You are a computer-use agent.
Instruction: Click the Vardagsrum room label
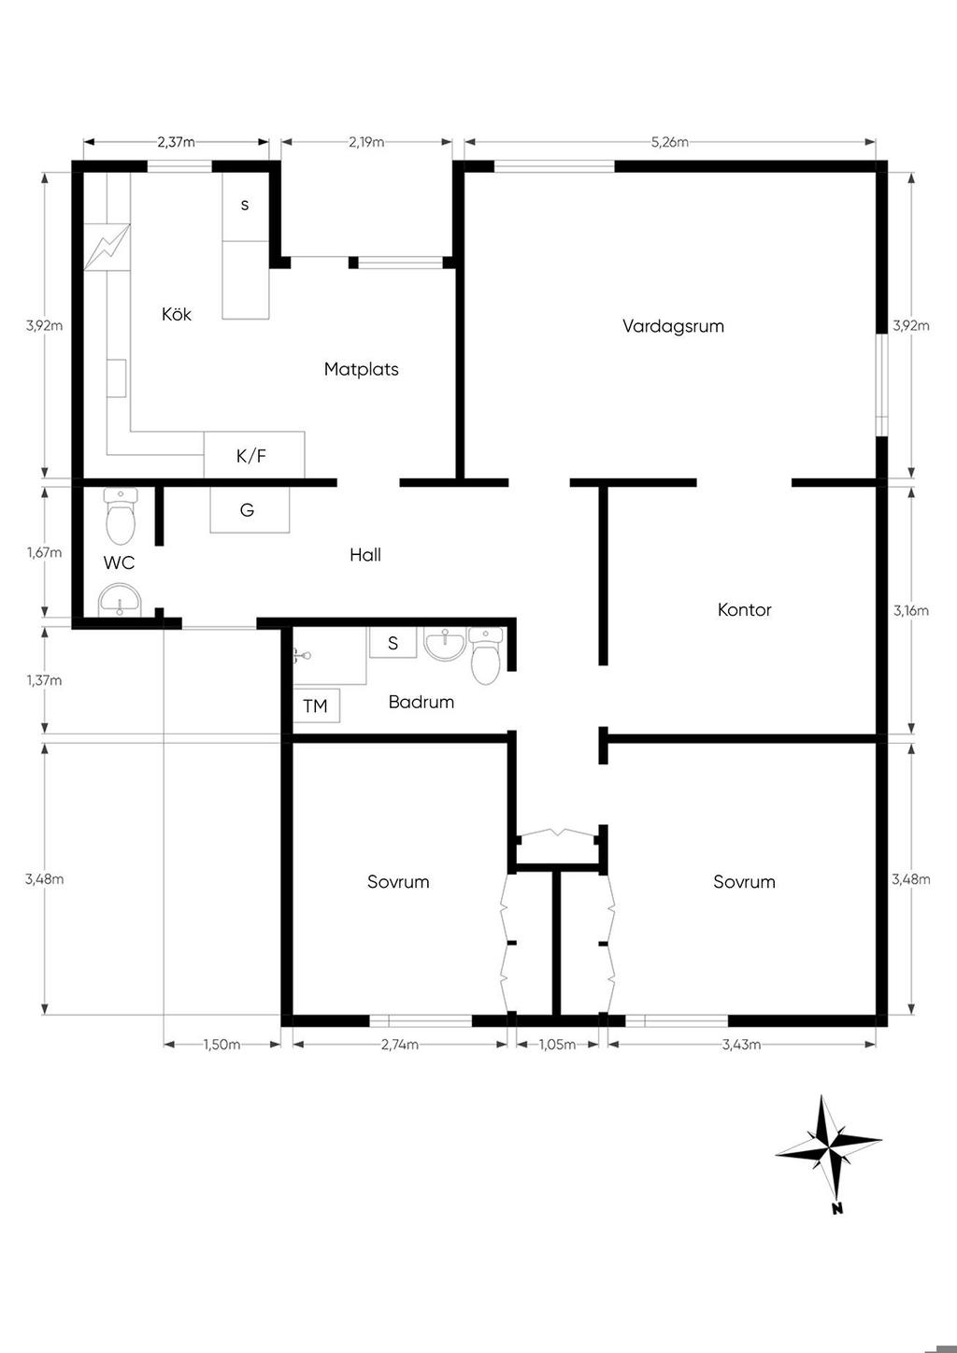(673, 326)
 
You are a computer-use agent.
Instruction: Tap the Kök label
(177, 314)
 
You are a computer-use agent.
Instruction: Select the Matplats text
(362, 369)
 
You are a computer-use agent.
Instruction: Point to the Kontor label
(744, 609)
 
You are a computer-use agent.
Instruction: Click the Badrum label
(421, 702)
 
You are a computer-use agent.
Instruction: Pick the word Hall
(364, 554)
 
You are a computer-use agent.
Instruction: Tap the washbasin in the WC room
(120, 600)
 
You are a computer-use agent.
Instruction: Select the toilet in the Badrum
(486, 656)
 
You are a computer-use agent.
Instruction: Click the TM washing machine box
(316, 705)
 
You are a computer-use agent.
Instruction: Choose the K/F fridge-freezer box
(254, 455)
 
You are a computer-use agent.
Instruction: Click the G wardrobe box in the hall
(250, 510)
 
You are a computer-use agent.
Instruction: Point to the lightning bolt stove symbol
(107, 247)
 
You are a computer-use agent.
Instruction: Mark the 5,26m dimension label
(669, 142)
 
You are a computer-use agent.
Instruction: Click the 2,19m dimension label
(366, 142)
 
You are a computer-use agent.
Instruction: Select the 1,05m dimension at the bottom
(557, 1045)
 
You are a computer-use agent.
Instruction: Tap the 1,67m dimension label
(44, 552)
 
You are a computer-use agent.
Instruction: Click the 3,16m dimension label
(911, 611)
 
